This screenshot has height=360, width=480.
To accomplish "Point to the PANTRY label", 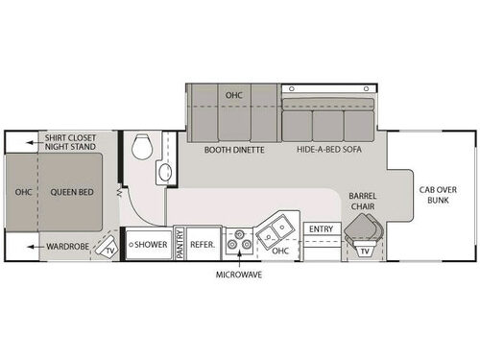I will click(180, 245).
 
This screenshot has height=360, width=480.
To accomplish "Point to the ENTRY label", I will click(319, 228).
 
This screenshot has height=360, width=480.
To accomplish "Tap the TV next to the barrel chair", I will click(366, 252).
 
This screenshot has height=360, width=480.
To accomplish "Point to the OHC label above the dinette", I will click(234, 96).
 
